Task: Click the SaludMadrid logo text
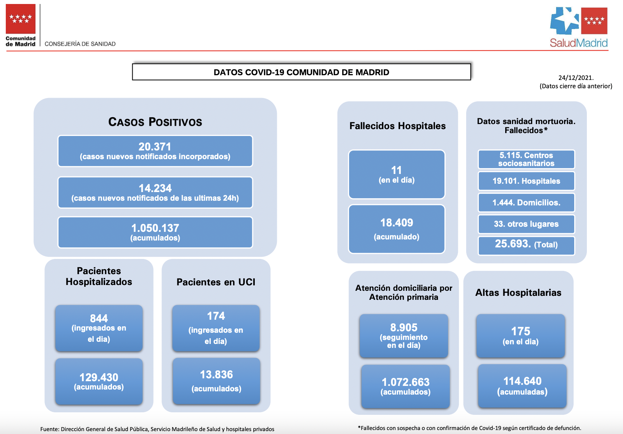tap(579, 43)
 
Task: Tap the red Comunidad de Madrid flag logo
tap(21, 19)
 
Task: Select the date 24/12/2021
tap(576, 77)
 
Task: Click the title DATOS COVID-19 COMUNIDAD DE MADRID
tap(301, 72)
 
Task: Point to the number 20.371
tap(155, 146)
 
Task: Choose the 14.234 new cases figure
tap(155, 188)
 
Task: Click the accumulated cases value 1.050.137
tap(155, 228)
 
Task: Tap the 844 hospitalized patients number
tap(99, 318)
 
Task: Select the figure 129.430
tap(99, 377)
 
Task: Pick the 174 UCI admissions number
tap(216, 316)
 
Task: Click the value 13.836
tap(216, 374)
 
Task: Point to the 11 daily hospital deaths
tap(396, 170)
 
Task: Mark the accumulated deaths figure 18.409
tap(396, 222)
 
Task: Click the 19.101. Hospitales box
tap(526, 181)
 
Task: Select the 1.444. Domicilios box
tap(526, 203)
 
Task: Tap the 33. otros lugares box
tap(526, 224)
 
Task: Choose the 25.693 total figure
tap(513, 244)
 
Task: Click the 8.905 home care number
tap(404, 327)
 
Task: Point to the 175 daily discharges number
tap(520, 331)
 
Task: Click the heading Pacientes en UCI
tap(216, 282)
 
